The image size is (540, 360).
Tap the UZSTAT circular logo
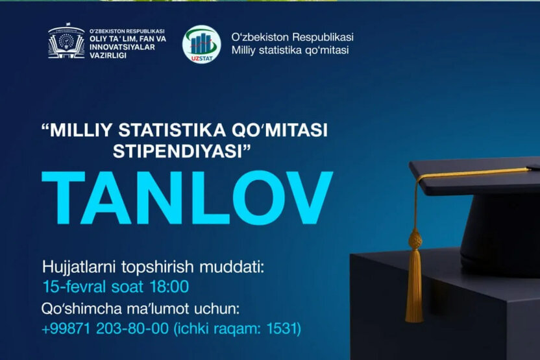(202, 44)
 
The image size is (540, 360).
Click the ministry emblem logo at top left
(66, 43)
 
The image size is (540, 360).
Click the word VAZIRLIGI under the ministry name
(108, 56)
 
